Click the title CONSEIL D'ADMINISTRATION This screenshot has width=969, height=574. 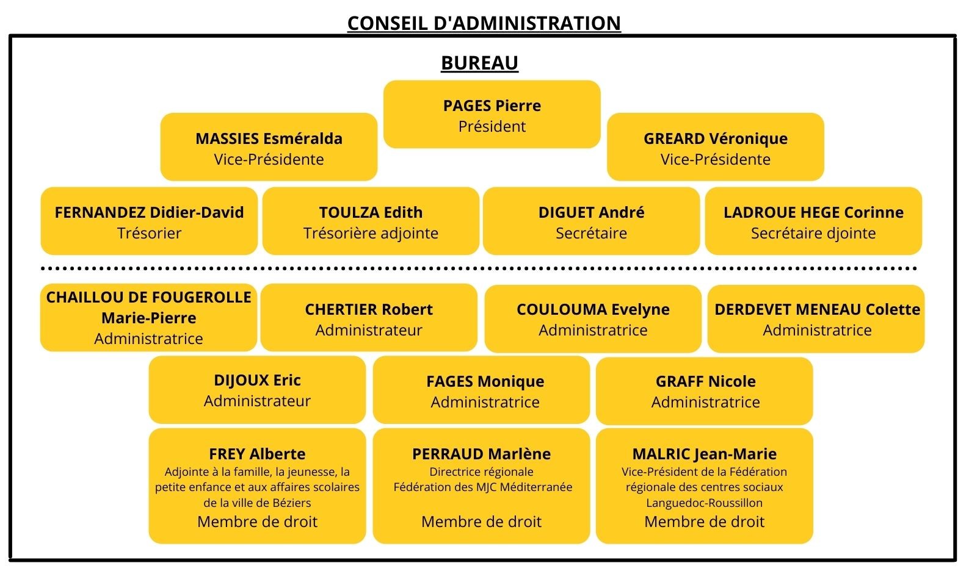[x=484, y=23]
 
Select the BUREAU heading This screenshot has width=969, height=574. [x=479, y=63]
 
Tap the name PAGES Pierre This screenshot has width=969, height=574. [x=492, y=106]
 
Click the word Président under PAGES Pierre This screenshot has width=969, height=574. [x=492, y=126]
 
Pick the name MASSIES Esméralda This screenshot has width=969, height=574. [x=269, y=138]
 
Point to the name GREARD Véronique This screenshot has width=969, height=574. [x=716, y=138]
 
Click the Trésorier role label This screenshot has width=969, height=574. [x=149, y=233]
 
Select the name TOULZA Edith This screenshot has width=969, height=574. [x=371, y=212]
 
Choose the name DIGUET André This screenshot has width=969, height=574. [x=591, y=212]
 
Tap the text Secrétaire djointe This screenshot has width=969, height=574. [x=813, y=233]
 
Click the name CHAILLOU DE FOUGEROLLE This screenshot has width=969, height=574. [x=149, y=297]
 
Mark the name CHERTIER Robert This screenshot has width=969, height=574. [x=369, y=309]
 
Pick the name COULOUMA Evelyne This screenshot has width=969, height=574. [x=593, y=309]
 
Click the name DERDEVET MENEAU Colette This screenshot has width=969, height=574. [x=817, y=309]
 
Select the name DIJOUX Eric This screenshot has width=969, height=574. [x=257, y=380]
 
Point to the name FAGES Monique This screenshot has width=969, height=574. [x=485, y=381]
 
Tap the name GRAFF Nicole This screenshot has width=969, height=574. [x=706, y=381]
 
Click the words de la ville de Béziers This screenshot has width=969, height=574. [x=257, y=503]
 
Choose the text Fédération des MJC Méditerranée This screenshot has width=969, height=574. [x=483, y=487]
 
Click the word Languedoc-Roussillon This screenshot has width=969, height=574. [x=704, y=503]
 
